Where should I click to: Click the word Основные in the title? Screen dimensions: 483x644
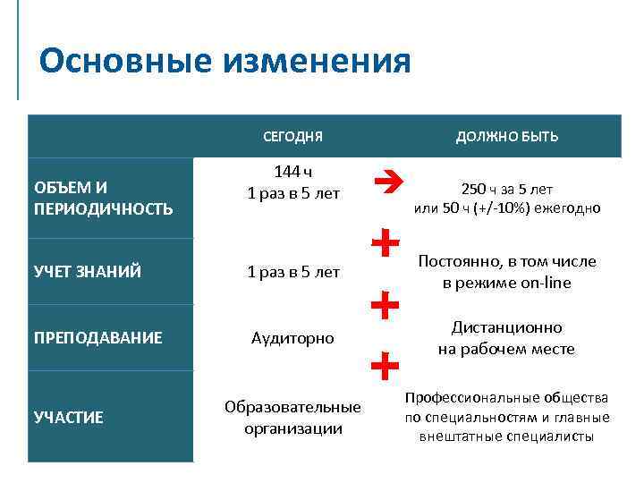point(124,62)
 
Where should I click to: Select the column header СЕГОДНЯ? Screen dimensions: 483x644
point(293,137)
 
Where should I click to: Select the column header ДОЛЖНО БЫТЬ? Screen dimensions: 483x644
point(507,137)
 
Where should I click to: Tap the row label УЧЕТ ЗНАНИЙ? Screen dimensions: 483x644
point(87,272)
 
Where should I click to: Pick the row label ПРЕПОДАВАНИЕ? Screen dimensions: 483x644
point(97,338)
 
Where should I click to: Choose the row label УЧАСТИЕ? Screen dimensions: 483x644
point(68,417)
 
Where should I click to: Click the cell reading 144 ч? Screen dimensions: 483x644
point(293,173)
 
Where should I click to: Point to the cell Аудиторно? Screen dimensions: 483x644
point(293,338)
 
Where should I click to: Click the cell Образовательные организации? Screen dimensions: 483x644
point(293,417)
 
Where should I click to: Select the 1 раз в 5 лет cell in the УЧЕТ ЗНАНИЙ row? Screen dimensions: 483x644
point(293,272)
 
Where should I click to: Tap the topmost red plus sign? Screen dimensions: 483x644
point(384,241)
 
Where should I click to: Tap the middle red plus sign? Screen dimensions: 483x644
point(384,306)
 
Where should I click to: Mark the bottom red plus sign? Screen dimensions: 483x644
point(384,365)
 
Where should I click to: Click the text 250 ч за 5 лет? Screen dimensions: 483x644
point(507,190)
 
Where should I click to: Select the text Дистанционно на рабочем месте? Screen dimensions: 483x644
point(507,338)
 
